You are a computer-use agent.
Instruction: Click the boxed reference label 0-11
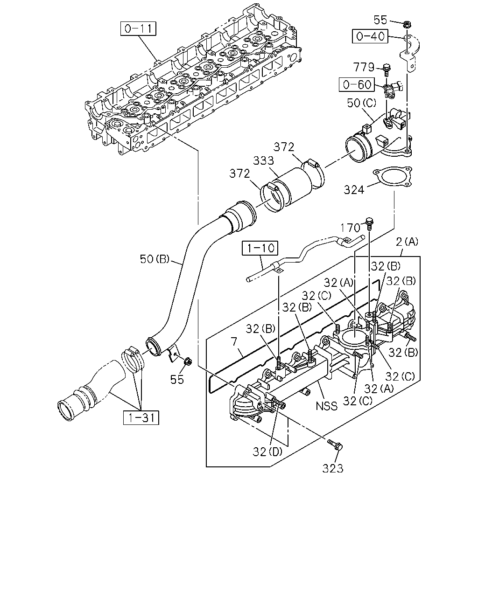(x=138, y=29)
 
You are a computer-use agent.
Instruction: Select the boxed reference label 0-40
(x=370, y=36)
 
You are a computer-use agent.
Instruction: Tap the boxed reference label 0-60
(x=357, y=84)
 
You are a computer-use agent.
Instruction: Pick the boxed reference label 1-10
(x=260, y=248)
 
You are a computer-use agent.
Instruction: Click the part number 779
(x=364, y=67)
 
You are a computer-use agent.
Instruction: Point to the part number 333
(x=264, y=160)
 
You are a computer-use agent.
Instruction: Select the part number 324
(x=354, y=190)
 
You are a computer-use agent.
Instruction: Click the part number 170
(x=350, y=228)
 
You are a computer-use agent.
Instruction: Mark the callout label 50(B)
(x=155, y=259)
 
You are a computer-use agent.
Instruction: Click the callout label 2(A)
(x=407, y=242)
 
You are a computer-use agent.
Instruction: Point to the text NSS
(x=327, y=406)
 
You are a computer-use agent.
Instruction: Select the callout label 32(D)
(x=267, y=452)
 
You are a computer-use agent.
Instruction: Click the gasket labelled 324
(x=392, y=176)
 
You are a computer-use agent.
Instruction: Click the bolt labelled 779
(x=387, y=70)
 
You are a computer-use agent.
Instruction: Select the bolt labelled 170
(x=369, y=223)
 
